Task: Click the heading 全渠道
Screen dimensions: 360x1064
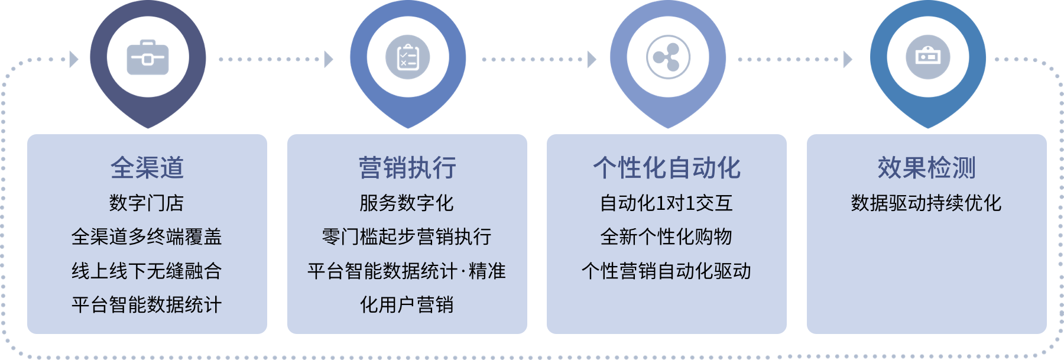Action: [147, 168]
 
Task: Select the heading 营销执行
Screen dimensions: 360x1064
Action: [407, 168]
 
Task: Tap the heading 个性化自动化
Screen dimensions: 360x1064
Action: [667, 168]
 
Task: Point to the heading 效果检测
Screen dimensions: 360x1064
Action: [926, 168]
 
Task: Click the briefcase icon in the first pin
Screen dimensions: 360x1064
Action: [148, 58]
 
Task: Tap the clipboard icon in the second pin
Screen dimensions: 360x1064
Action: [408, 58]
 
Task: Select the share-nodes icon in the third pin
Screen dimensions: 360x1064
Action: [668, 58]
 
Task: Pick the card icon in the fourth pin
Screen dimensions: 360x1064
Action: [927, 57]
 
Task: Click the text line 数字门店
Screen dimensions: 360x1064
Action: [147, 203]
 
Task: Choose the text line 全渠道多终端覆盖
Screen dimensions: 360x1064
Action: [147, 237]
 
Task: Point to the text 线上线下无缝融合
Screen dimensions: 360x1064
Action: [147, 271]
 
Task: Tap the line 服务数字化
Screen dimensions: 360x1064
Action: [407, 203]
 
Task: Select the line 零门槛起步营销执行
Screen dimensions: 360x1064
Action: [407, 237]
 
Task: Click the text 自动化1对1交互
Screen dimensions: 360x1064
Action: [666, 203]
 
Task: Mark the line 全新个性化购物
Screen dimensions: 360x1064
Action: [666, 237]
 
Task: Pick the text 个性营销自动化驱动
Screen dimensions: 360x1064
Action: [666, 271]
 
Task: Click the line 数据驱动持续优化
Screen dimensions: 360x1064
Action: [926, 203]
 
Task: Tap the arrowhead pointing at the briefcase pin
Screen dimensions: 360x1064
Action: [74, 59]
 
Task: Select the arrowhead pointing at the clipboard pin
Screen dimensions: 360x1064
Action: [329, 59]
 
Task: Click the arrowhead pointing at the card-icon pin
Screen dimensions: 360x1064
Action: [848, 59]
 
